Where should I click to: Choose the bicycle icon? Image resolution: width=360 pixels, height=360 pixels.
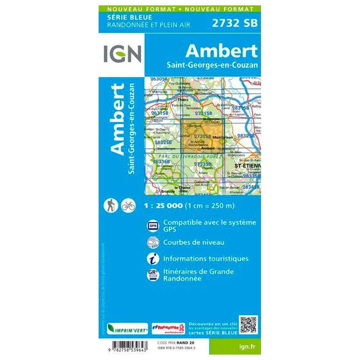click(x=128, y=206)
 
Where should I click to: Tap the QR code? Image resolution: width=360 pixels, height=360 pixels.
click(x=248, y=325)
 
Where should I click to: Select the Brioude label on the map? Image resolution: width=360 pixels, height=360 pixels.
click(x=168, y=192)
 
